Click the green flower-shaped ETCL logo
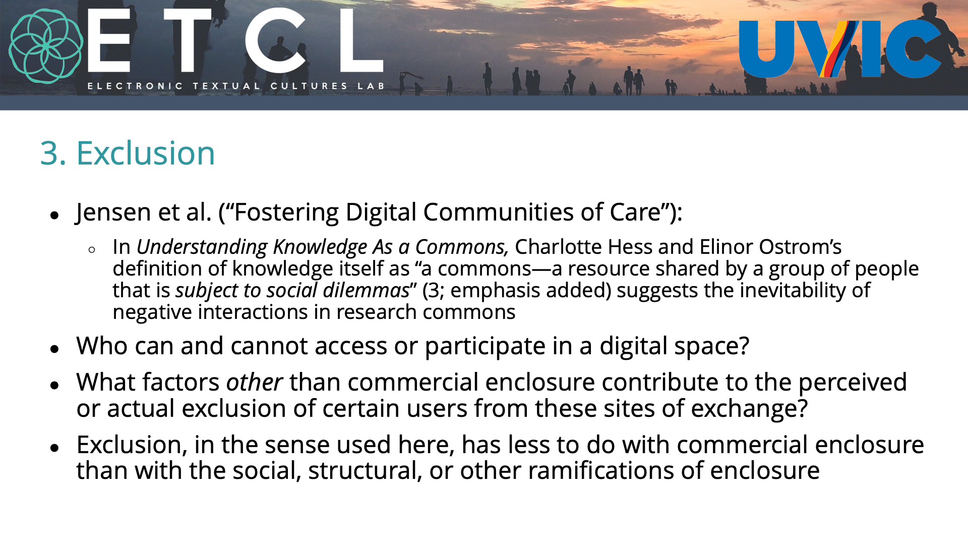(46, 46)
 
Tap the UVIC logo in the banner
(840, 48)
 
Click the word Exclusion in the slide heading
(145, 153)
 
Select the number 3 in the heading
(49, 153)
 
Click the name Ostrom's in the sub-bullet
(800, 247)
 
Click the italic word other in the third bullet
(254, 382)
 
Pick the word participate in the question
(485, 347)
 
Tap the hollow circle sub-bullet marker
(91, 250)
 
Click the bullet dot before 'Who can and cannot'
(55, 349)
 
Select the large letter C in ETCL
(276, 40)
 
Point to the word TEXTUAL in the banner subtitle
(226, 86)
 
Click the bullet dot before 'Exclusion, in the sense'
(55, 448)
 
